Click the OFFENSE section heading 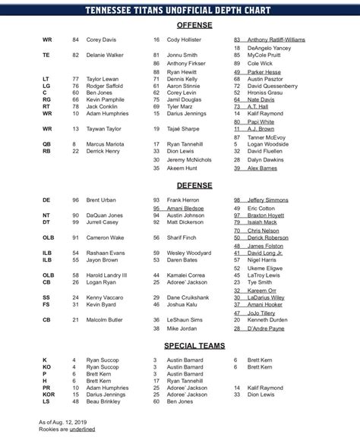point(179,24)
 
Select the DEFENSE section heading point(179,184)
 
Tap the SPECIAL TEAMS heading point(179,345)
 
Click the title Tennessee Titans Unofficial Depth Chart point(180,8)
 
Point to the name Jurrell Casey point(104,222)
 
